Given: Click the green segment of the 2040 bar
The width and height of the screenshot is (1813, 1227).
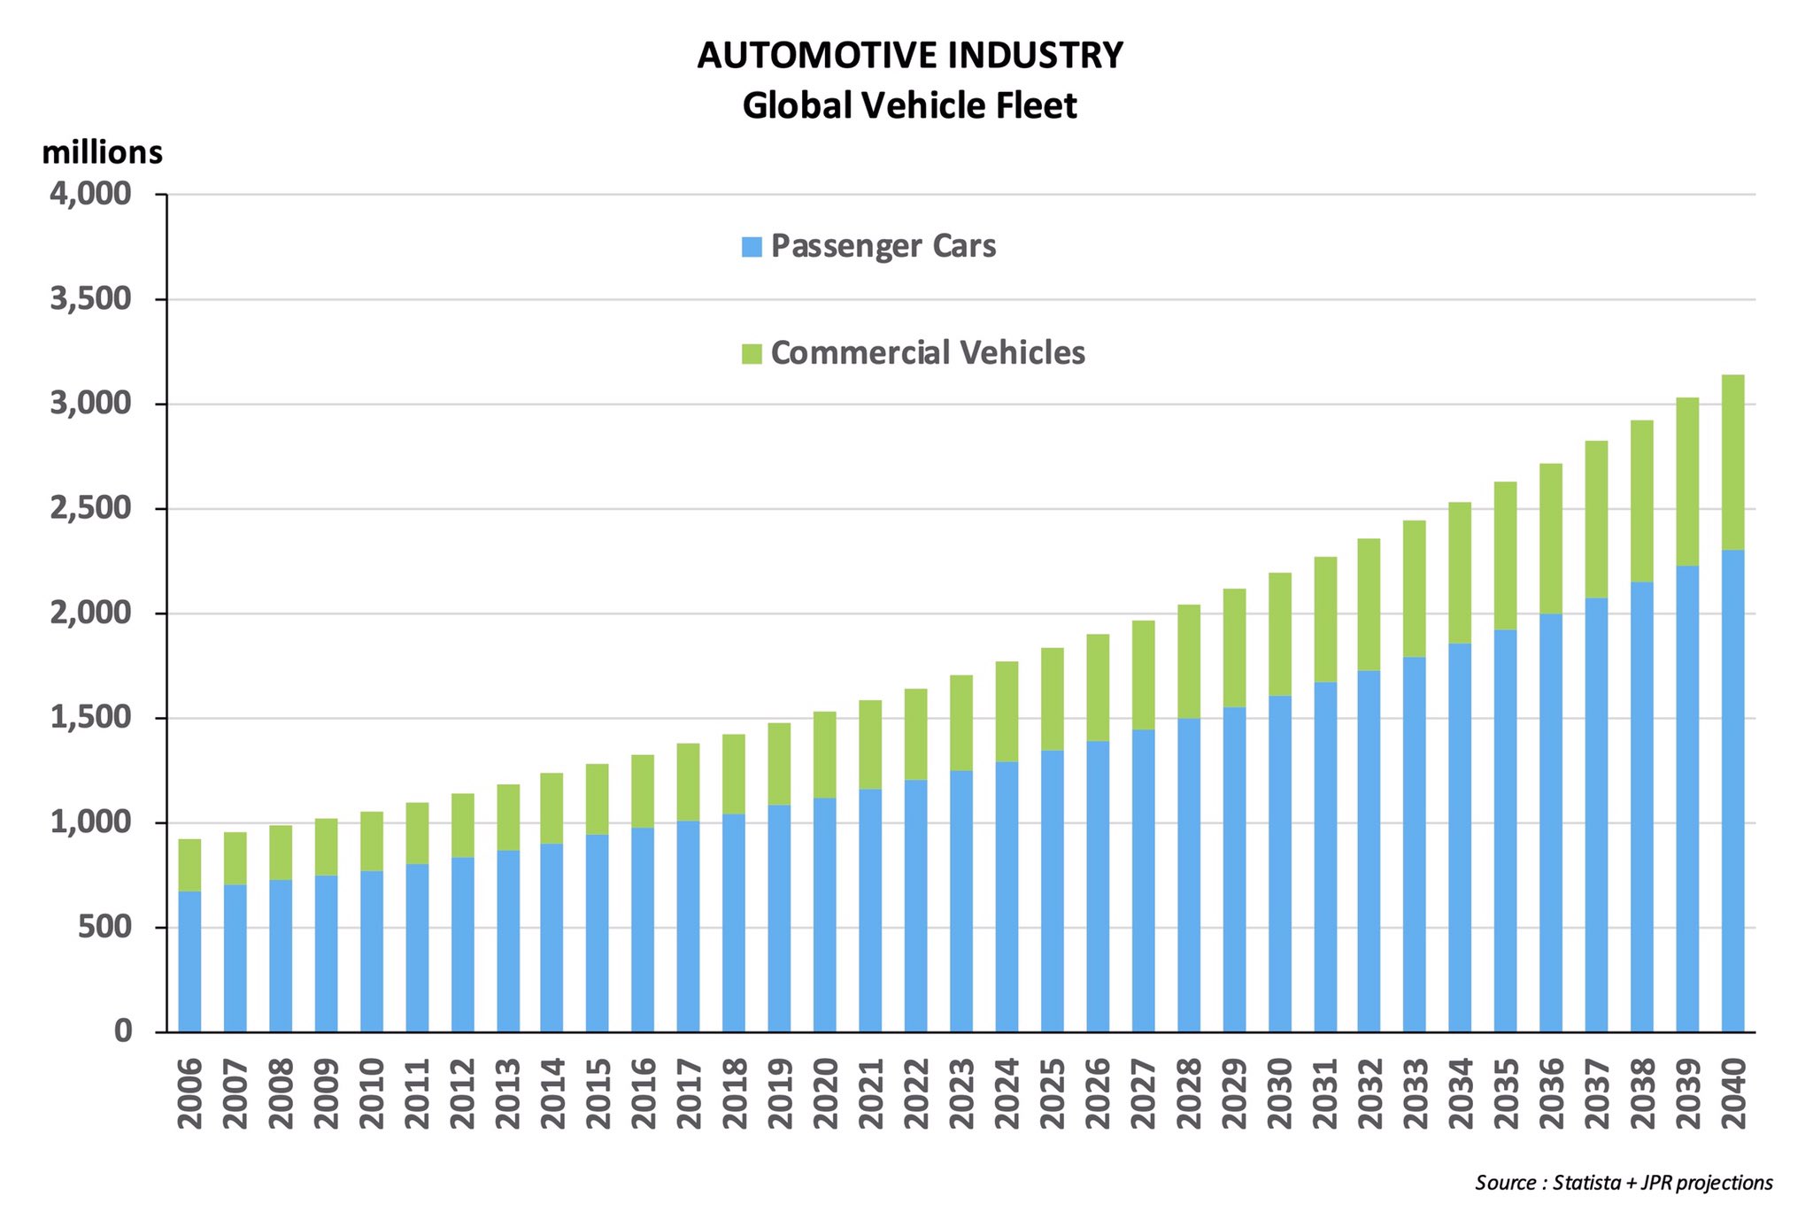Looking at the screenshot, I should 1732,462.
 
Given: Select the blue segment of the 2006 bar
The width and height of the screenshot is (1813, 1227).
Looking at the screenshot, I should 189,961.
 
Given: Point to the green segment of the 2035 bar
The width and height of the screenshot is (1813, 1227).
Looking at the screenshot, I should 1505,556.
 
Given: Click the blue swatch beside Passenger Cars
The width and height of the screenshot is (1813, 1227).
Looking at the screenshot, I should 752,247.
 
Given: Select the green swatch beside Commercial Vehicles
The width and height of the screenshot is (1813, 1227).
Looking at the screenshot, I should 752,354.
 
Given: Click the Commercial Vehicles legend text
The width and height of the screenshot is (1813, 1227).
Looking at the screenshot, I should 927,353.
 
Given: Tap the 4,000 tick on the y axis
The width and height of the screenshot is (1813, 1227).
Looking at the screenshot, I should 90,194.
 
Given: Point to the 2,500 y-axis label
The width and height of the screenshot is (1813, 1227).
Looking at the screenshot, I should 90,509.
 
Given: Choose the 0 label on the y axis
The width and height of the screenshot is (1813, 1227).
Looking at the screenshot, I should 122,1031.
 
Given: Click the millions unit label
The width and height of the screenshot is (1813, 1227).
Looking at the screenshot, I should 102,153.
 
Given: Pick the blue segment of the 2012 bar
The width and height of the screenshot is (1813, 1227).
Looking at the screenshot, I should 462,944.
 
